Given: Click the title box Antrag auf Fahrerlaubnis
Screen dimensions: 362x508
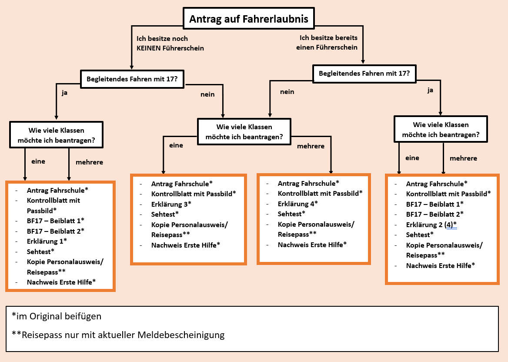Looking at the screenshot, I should click(x=248, y=19).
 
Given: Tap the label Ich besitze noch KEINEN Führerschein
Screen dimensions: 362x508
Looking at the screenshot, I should click(x=170, y=44).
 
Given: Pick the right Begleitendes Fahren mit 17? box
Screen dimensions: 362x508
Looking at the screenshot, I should click(x=364, y=74).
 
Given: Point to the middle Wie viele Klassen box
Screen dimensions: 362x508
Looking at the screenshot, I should click(x=244, y=132).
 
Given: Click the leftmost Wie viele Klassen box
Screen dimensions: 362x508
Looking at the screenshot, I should click(x=56, y=134).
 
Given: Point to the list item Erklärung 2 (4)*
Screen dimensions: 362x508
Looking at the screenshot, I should click(x=431, y=225).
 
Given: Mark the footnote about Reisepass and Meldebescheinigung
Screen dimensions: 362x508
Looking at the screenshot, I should click(x=118, y=335).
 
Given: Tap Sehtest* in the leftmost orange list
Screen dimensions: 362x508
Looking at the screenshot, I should click(x=40, y=251).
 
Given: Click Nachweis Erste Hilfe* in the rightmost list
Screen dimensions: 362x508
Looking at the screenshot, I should click(x=440, y=265).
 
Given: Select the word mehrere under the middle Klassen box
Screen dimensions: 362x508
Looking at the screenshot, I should click(x=311, y=146).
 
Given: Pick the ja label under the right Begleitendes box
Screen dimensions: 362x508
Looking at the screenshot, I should click(x=431, y=90).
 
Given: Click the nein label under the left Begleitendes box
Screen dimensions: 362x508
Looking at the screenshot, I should click(x=207, y=94).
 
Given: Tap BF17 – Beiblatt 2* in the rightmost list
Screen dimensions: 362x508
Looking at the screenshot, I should click(x=434, y=214).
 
